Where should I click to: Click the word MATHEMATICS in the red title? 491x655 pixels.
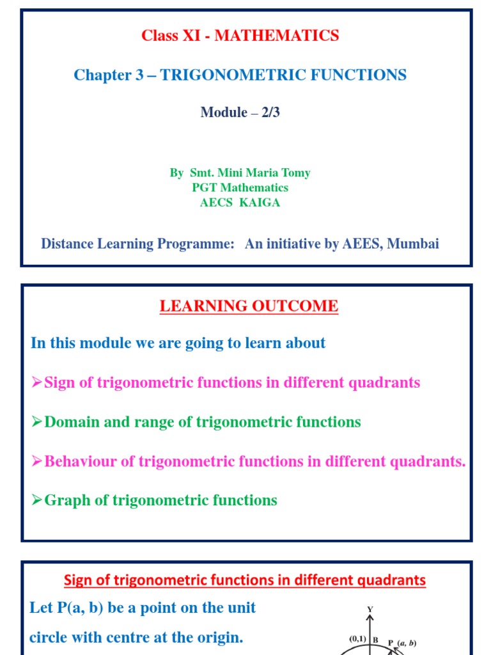click(x=277, y=36)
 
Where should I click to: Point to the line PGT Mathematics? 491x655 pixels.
click(x=240, y=187)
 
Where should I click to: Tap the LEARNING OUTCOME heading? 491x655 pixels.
click(x=249, y=306)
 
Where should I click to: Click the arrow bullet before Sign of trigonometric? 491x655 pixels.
click(x=37, y=383)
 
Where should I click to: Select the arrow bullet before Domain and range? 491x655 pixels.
click(x=37, y=423)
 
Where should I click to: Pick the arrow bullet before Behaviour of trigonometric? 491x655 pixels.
click(x=37, y=462)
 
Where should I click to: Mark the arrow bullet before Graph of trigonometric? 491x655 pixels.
click(x=37, y=501)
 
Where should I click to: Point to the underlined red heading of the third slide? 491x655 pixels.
click(x=245, y=580)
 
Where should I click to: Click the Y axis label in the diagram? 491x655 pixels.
click(x=370, y=610)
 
